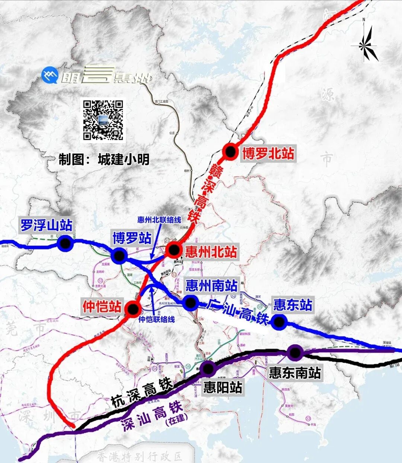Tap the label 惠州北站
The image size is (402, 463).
pyautogui.click(x=211, y=252)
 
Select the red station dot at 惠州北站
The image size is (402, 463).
pyautogui.click(x=173, y=249)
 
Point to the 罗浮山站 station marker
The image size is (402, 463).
pyautogui.click(x=66, y=243)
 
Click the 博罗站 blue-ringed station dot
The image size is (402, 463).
pyautogui.click(x=119, y=255)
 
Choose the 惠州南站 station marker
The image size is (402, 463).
pyautogui.click(x=190, y=303)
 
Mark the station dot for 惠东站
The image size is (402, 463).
pyautogui.click(x=278, y=322)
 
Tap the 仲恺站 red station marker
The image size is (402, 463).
pyautogui.click(x=133, y=309)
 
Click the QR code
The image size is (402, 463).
pyautogui.click(x=103, y=120)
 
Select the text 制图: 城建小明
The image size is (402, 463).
pyautogui.click(x=104, y=160)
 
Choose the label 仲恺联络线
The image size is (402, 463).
pyautogui.click(x=156, y=319)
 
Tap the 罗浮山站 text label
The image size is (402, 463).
pyautogui.click(x=46, y=226)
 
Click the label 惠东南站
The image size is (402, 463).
pyautogui.click(x=295, y=372)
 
